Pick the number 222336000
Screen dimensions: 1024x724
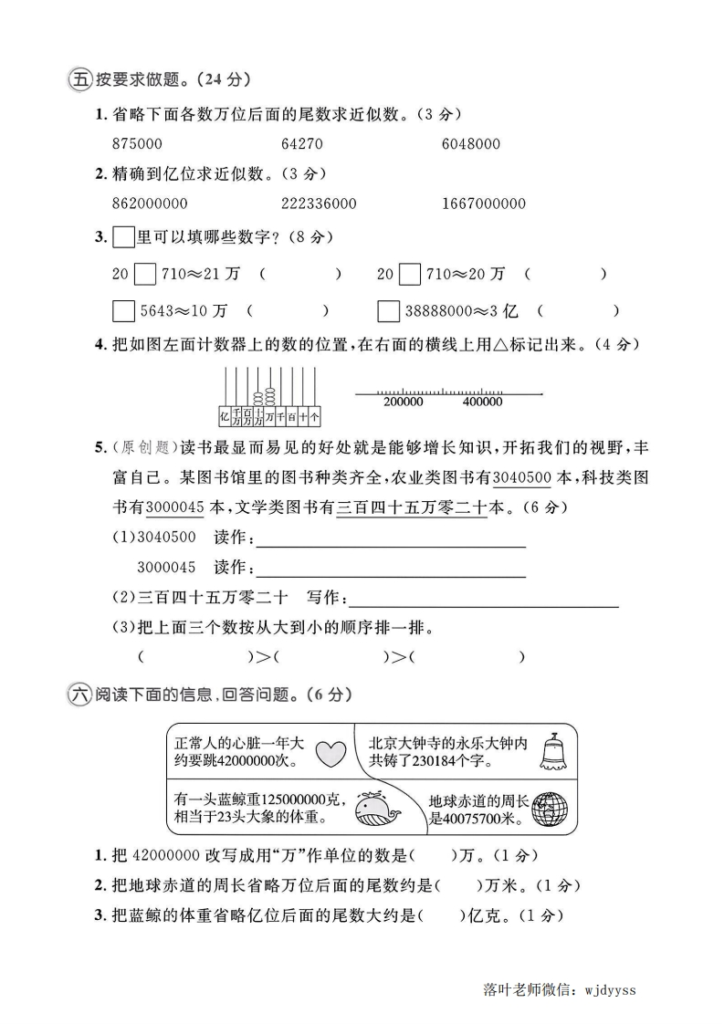tap(319, 204)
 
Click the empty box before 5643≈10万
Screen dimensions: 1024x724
tap(123, 311)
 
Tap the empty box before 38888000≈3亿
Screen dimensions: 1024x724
tap(388, 311)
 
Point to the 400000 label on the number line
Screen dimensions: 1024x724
tap(482, 402)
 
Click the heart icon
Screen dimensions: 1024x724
tap(331, 754)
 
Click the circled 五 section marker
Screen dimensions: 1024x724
tap(79, 80)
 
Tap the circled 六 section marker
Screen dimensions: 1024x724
tap(79, 695)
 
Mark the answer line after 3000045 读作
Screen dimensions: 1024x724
tap(392, 576)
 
